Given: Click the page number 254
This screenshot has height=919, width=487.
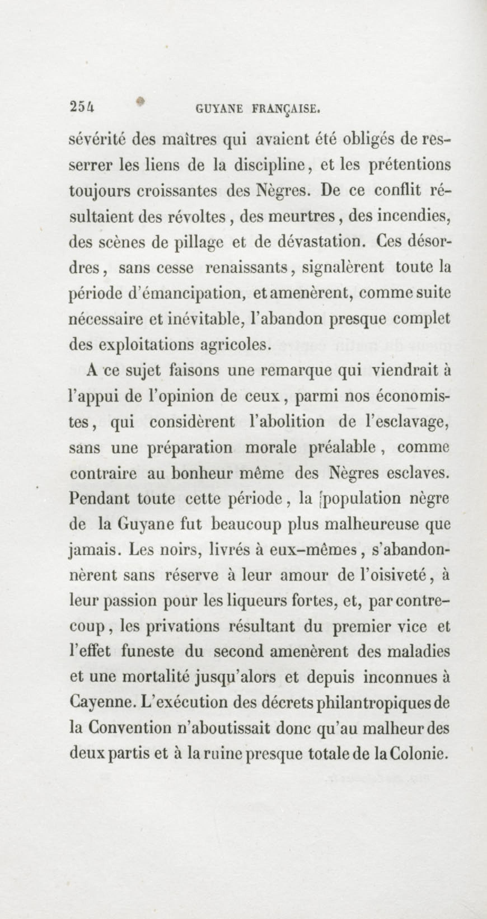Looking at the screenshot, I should [82, 107].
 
